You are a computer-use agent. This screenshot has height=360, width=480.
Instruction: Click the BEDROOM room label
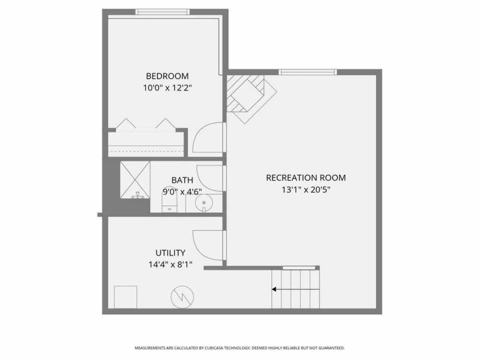pyautogui.click(x=167, y=76)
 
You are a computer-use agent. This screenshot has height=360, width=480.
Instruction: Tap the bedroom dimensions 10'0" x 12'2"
pyautogui.click(x=167, y=88)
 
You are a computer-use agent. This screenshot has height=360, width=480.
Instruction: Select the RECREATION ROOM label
pyautogui.click(x=306, y=178)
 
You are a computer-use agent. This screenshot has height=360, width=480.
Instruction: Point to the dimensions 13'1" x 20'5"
pyautogui.click(x=306, y=190)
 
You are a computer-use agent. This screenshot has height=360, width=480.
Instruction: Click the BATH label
pyautogui.click(x=182, y=180)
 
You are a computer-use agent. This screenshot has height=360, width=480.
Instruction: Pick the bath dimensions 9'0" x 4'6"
pyautogui.click(x=182, y=191)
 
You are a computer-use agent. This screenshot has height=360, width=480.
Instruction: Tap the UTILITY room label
pyautogui.click(x=171, y=253)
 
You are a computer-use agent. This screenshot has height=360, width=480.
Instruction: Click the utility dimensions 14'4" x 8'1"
pyautogui.click(x=171, y=265)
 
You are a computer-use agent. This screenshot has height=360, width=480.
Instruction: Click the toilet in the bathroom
pyautogui.click(x=169, y=203)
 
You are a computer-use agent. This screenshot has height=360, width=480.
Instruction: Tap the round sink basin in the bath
pyautogui.click(x=204, y=203)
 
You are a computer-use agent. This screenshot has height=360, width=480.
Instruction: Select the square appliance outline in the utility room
pyautogui.click(x=126, y=296)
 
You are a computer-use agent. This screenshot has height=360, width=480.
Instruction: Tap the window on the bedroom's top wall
pyautogui.click(x=163, y=12)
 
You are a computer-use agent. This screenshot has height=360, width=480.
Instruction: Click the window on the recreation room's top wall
pyautogui.click(x=307, y=72)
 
